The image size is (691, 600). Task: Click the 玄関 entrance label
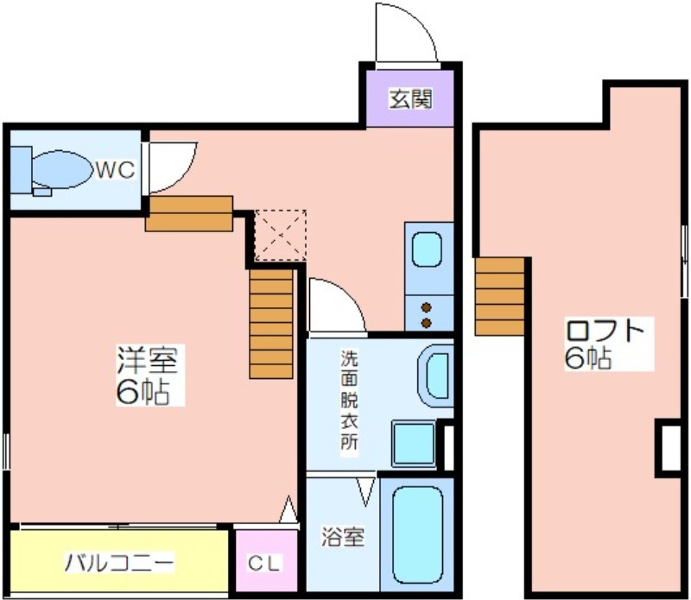tap(410, 99)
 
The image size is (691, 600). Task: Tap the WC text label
tap(116, 169)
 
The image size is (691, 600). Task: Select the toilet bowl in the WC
tap(60, 169)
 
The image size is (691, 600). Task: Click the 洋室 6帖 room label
tap(147, 375)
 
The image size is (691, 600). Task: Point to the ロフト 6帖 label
tap(605, 344)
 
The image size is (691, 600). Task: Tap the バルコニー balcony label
tap(119, 562)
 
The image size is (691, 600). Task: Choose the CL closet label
tap(264, 563)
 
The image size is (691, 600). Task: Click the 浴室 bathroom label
tap(342, 537)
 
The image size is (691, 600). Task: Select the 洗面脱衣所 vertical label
tap(349, 400)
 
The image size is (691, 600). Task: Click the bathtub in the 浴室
tap(417, 534)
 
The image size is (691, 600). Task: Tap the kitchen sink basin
tap(427, 249)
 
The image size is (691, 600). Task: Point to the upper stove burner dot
tap(426, 307)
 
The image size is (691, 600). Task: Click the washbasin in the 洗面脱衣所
tap(436, 376)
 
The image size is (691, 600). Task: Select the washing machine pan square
tap(414, 444)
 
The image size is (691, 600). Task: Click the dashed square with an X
tap(281, 236)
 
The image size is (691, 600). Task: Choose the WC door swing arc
tap(185, 176)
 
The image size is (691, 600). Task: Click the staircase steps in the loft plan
tap(500, 296)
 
